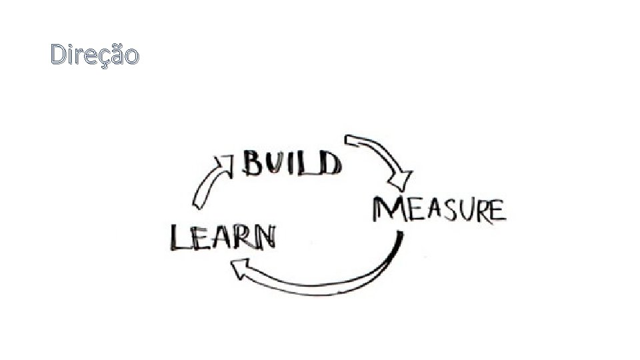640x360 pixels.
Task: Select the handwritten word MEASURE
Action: click(439, 209)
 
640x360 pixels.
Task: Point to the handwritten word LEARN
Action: click(222, 237)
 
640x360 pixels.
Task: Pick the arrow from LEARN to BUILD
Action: click(209, 180)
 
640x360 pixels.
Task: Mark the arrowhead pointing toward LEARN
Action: click(241, 269)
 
